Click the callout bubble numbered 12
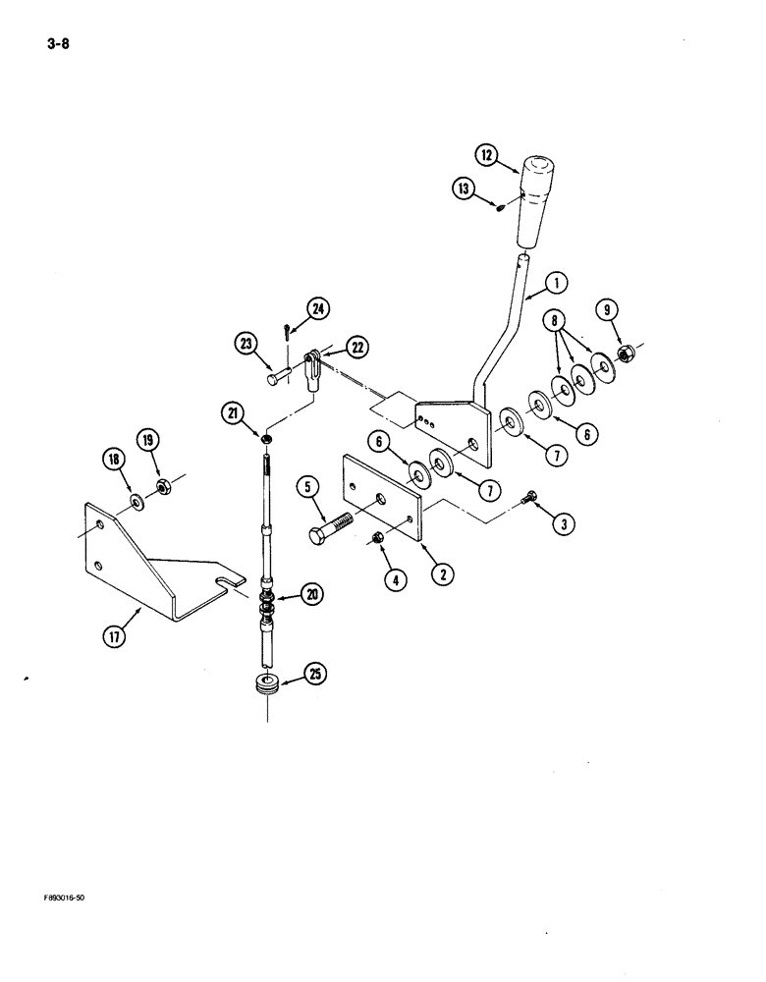(487, 154)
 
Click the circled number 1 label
(558, 284)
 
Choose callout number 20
(313, 593)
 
